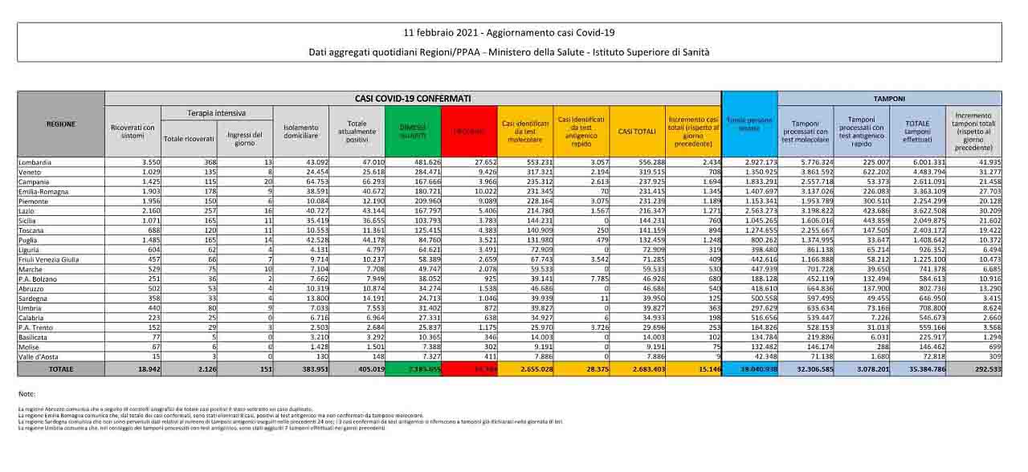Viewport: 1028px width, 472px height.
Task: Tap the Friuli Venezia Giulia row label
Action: (47, 259)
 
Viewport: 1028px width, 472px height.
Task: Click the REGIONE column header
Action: (61, 124)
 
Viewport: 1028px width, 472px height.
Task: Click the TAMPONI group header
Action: (889, 98)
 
